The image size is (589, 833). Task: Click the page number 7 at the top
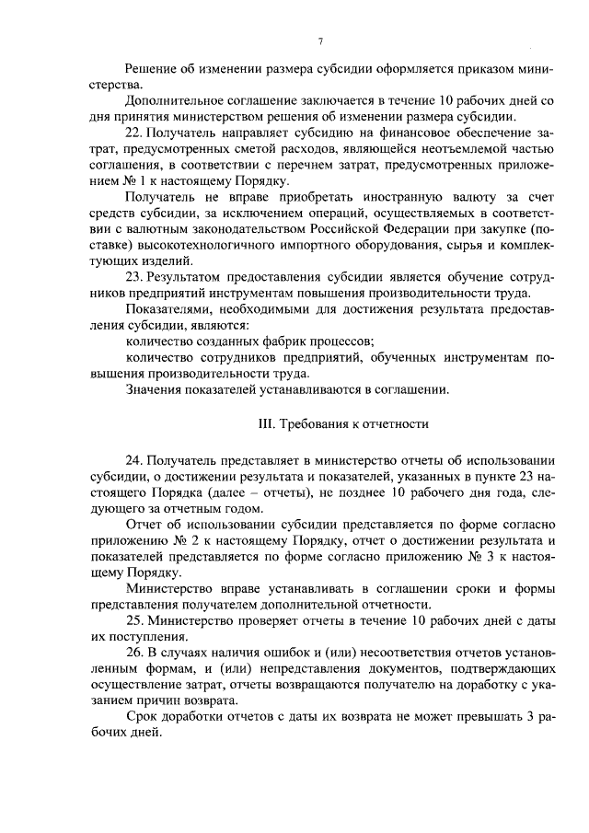[320, 40]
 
